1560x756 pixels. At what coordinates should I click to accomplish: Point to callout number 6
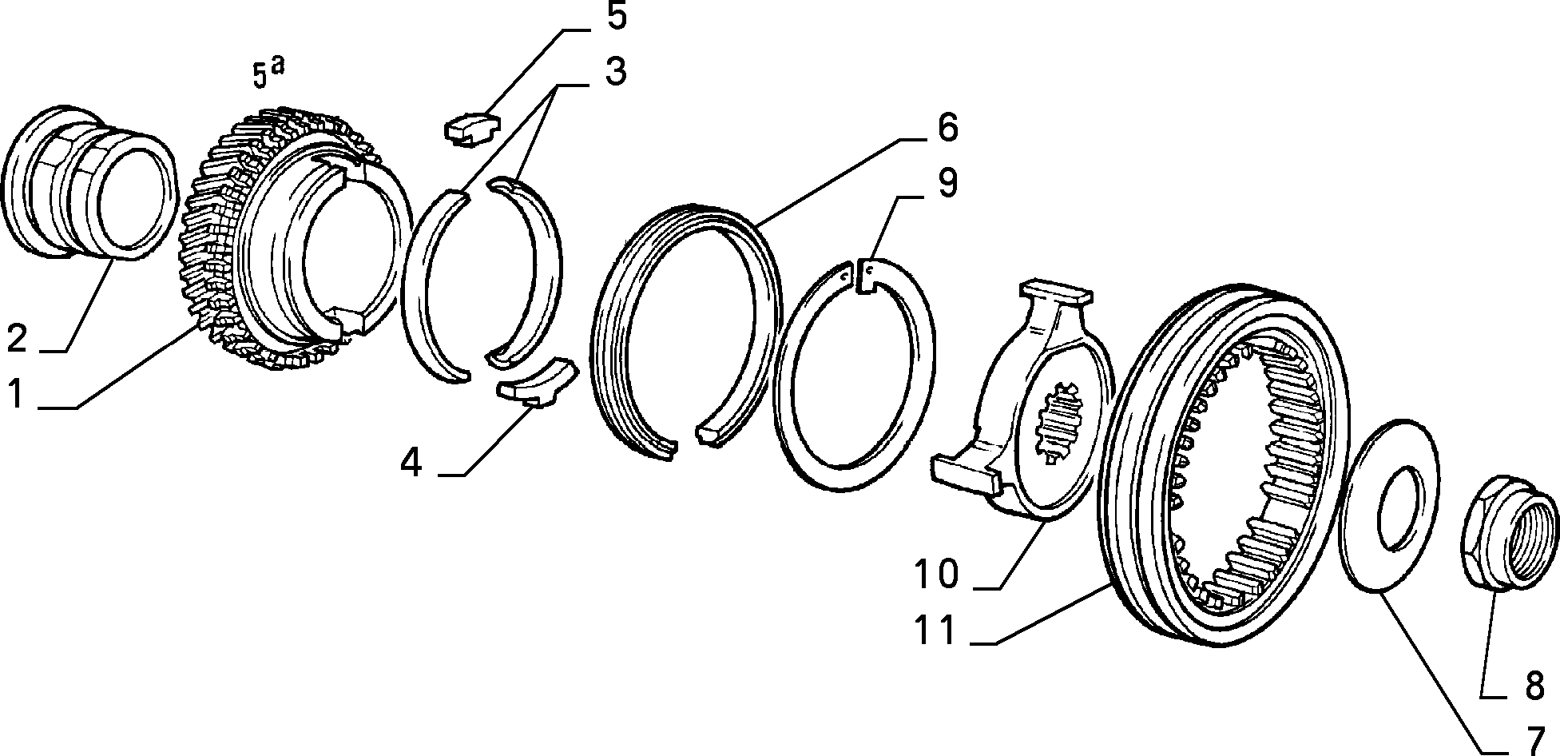[x=947, y=127]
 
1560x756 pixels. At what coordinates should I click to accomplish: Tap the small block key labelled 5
[x=471, y=128]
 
